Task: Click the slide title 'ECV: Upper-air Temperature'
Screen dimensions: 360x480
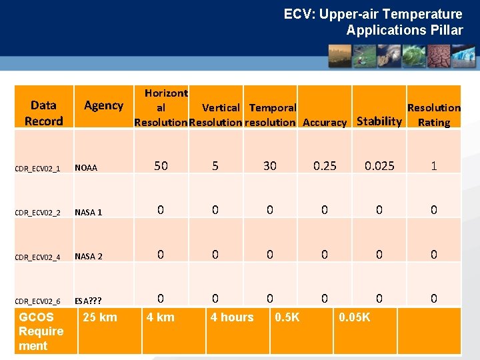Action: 373,14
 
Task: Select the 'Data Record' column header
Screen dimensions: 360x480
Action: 43,113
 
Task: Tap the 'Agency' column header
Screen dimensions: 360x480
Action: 103,105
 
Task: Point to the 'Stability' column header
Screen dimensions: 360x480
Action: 379,121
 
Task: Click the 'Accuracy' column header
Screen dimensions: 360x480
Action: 325,122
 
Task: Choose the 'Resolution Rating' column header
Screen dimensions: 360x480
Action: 433,115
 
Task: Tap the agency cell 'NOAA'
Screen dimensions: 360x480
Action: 86,168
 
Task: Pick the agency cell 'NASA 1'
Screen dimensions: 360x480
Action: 89,212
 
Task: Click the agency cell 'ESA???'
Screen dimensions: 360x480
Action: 88,301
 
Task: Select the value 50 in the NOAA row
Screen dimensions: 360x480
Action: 161,166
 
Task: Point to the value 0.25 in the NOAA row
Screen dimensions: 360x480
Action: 325,166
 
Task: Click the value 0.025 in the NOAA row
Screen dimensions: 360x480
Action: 379,166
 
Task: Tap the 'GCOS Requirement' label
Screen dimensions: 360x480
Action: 41,331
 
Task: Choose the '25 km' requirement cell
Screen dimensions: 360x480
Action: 99,317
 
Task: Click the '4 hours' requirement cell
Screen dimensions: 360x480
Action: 232,317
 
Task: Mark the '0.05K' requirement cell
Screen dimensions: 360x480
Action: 355,317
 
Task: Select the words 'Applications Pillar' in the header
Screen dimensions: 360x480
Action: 404,30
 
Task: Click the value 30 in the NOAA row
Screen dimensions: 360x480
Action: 269,166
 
